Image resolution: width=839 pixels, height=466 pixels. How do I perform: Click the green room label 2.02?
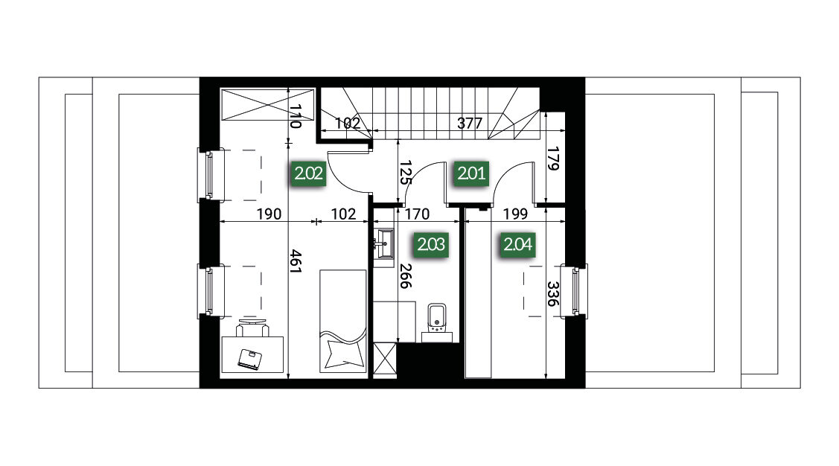pos(309,173)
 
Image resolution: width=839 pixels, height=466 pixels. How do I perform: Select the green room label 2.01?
pos(471,173)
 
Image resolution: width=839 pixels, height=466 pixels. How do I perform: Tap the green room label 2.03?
pos(431,244)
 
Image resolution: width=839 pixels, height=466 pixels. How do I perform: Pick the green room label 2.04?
pos(518,244)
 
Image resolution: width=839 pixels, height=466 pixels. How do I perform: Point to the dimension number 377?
pos(470,123)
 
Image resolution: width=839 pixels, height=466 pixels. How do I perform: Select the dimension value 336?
pos(552,294)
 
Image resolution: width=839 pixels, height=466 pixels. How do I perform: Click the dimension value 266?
pos(406,276)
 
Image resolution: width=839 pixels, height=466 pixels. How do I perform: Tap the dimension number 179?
pos(552,159)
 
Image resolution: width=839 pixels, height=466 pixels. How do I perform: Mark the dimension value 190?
pos(269,214)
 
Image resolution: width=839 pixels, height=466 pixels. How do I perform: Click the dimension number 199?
pos(516,214)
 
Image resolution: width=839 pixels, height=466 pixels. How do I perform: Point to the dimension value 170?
pos(418,214)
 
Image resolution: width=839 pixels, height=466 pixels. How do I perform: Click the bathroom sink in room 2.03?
pos(383,244)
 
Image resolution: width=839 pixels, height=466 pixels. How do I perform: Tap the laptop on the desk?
pos(250,359)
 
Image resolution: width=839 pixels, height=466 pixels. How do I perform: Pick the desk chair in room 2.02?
pos(252,326)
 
